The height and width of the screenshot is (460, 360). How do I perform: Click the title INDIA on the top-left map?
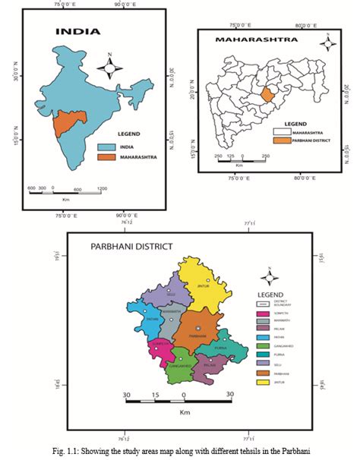tap(76, 32)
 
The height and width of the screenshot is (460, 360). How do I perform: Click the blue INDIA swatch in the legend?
tap(107, 147)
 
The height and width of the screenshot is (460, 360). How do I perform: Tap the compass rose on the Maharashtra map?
tap(327, 43)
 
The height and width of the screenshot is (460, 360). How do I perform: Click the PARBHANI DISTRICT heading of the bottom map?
tap(131, 246)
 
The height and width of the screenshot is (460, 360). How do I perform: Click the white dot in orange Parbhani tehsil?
tap(198, 329)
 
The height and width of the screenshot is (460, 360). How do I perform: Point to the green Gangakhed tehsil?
tap(184, 363)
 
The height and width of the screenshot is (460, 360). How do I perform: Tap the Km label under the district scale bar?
tap(185, 413)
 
